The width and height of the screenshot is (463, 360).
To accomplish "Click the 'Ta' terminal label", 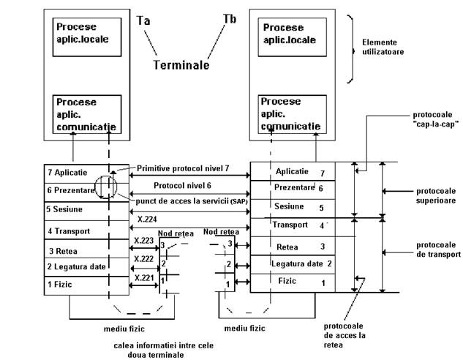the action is (x=143, y=20).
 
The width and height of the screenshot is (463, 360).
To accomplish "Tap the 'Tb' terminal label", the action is (x=230, y=19).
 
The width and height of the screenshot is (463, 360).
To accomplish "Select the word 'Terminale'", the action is (x=181, y=65).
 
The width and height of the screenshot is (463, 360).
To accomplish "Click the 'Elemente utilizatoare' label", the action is (x=383, y=47).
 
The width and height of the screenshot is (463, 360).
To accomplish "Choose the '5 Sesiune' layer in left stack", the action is (x=86, y=211).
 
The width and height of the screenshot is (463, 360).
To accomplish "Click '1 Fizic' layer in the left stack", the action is (x=86, y=285).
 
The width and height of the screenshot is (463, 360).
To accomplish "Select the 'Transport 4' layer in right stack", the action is (x=293, y=227).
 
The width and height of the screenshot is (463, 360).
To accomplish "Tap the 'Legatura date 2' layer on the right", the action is (x=293, y=264).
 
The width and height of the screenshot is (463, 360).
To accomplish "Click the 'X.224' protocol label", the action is (x=147, y=219).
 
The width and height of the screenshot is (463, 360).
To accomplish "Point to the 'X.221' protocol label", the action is (x=144, y=278).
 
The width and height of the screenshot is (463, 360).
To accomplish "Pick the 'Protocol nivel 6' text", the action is (x=182, y=185).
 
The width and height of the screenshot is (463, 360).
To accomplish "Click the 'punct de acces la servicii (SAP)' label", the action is (x=192, y=201).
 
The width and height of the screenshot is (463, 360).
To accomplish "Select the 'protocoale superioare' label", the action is (x=436, y=196).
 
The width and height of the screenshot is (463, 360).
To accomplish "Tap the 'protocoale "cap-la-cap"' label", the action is (x=436, y=119).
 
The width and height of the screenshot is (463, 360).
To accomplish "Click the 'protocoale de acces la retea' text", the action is (x=345, y=336).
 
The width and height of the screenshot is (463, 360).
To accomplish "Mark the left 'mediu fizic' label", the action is (x=124, y=329).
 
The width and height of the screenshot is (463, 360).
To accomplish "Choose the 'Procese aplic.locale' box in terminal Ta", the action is (x=87, y=37).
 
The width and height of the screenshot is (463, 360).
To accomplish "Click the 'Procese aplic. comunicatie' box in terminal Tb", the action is (x=293, y=114).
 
